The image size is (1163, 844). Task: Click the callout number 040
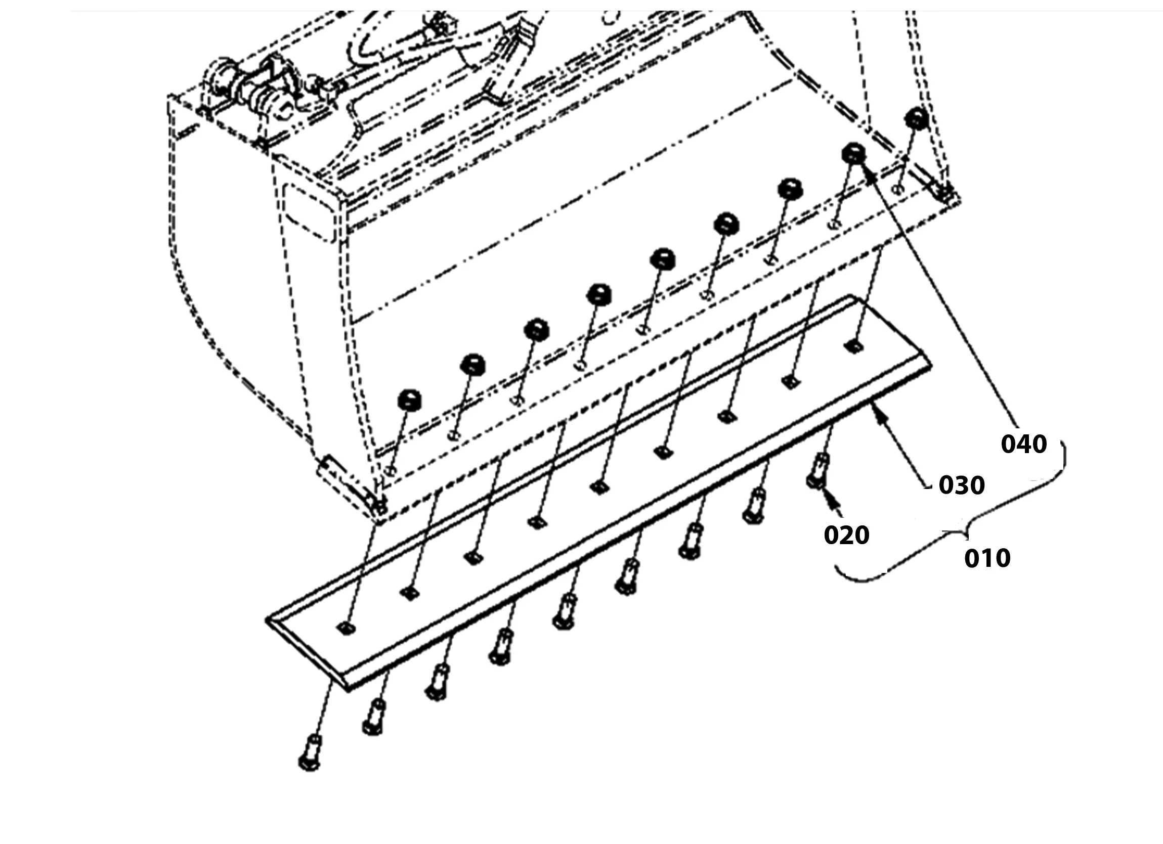click(x=1023, y=444)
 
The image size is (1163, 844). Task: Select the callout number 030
click(x=962, y=485)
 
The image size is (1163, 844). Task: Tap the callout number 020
click(x=847, y=535)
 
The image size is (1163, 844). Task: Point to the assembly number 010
click(x=987, y=558)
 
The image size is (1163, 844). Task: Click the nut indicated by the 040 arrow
click(x=854, y=153)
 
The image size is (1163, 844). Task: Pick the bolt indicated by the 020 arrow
click(x=817, y=471)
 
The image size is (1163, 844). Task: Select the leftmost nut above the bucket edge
click(x=409, y=400)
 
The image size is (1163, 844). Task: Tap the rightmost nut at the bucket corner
click(x=916, y=118)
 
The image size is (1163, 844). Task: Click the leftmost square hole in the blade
click(x=347, y=628)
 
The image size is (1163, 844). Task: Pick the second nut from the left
click(x=473, y=364)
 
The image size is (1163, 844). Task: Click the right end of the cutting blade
click(x=931, y=365)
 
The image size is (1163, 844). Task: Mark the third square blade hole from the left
click(x=474, y=557)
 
